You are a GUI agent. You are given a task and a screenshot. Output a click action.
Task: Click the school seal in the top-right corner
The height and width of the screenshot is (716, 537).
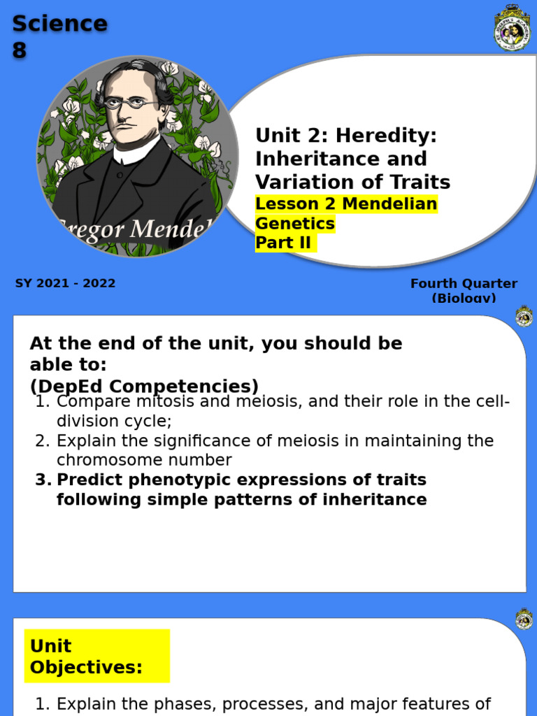(x=513, y=28)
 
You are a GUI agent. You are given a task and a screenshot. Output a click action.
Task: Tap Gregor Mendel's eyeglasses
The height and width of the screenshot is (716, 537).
(x=132, y=103)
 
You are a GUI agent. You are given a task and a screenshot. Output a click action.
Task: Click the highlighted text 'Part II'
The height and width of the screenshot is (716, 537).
(x=284, y=243)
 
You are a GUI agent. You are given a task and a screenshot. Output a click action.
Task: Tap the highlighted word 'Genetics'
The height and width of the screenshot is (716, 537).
(x=295, y=224)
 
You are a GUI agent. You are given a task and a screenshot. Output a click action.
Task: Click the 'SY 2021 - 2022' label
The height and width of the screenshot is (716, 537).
(x=65, y=283)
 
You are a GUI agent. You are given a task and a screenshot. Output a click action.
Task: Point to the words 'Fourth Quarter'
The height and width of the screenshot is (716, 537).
(x=464, y=283)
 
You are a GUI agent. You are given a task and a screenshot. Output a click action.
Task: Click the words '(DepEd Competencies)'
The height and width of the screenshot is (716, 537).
(x=144, y=386)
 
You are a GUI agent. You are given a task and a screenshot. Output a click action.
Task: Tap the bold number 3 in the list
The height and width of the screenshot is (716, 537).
(x=43, y=480)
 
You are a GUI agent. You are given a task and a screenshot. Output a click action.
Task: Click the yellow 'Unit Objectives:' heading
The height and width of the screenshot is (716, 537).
(x=86, y=656)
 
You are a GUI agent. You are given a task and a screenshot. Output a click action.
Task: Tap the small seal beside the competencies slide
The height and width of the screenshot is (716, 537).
(x=524, y=317)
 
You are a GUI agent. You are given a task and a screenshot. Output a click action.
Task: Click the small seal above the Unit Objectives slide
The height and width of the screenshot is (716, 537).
(x=524, y=620)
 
